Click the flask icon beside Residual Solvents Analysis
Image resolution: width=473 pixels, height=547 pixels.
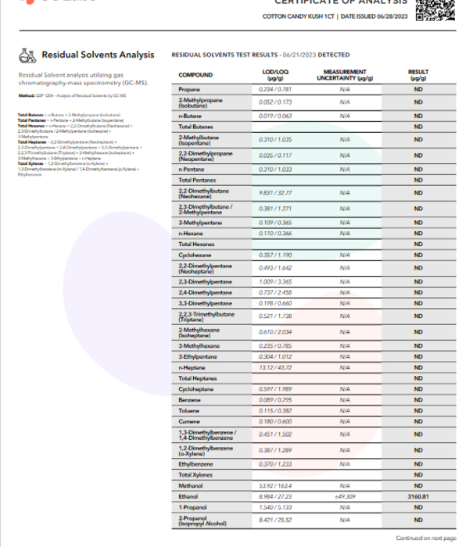[x=28, y=55]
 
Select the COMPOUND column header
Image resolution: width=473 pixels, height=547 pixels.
[x=195, y=75]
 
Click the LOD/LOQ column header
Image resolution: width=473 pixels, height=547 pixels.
[x=274, y=75]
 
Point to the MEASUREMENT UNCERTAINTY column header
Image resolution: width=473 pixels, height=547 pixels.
[x=344, y=75]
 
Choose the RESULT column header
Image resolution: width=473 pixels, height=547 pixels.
[x=418, y=75]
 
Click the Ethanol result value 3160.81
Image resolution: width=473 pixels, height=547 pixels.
[x=418, y=495]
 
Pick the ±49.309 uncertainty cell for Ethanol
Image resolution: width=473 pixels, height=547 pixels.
[x=344, y=495]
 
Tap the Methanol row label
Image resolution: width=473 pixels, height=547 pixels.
[x=192, y=484]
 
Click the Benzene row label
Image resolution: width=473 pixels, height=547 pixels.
[x=191, y=399]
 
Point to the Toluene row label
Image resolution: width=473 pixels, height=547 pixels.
[x=191, y=410]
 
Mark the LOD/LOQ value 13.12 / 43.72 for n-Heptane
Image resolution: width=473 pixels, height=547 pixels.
[x=274, y=367]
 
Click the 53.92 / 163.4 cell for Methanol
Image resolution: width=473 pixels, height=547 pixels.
[x=274, y=484]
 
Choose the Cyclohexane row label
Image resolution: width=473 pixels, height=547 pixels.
[x=195, y=255]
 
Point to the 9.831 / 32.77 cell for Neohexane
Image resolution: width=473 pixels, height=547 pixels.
[x=274, y=192]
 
